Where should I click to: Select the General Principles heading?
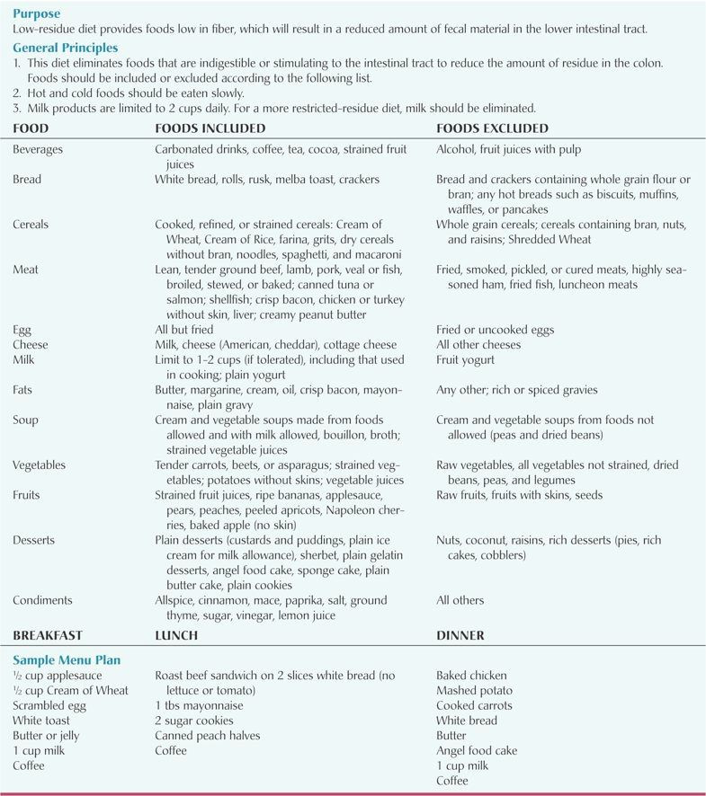[65, 47]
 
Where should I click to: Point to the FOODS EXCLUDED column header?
[492, 128]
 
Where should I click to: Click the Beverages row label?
[38, 150]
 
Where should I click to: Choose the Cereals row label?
[31, 224]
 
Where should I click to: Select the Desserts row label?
[34, 540]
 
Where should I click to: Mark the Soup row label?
[25, 420]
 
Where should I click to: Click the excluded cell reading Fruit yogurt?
[465, 360]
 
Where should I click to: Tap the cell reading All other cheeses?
[478, 345]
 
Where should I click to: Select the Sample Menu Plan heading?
[67, 659]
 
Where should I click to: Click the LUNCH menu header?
[176, 635]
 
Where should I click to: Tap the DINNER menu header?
[460, 635]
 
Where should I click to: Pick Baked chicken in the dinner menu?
[471, 676]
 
